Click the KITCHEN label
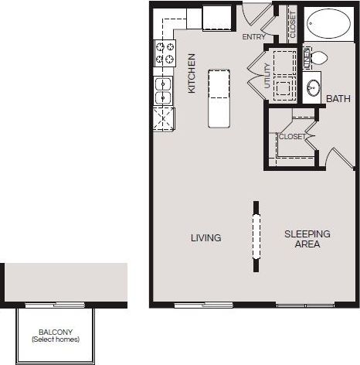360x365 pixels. tap(192, 73)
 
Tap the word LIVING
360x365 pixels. tap(206, 238)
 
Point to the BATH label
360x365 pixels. tap(338, 99)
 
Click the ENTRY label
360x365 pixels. tap(253, 36)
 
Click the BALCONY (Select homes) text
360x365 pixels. tap(55, 335)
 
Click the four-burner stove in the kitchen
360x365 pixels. tap(165, 53)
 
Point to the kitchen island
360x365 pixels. tap(219, 97)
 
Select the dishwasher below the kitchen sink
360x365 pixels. tap(164, 120)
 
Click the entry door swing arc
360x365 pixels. tap(255, 14)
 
